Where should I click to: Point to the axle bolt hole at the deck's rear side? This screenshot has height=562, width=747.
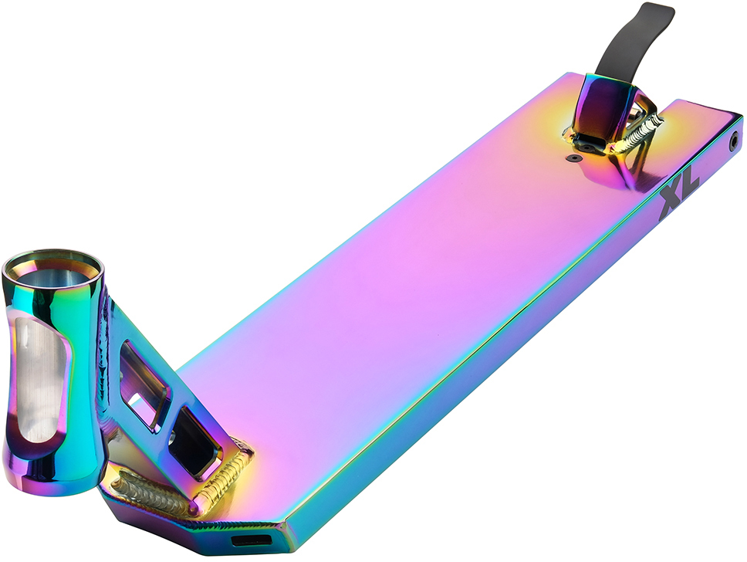point(734,140)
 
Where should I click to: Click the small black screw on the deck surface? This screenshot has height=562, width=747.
point(576,157)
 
